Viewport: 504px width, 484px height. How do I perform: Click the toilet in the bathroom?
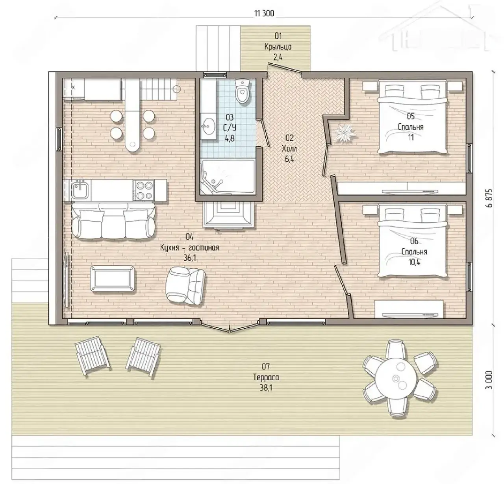click(x=243, y=92)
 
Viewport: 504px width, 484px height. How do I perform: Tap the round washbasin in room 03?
click(x=209, y=126)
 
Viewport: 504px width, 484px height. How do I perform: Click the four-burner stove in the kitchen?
click(x=143, y=190)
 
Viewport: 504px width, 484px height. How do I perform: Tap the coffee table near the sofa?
click(x=112, y=279)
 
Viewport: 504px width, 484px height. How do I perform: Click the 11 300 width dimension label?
click(x=264, y=13)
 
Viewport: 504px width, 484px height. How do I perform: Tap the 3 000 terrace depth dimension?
click(x=489, y=379)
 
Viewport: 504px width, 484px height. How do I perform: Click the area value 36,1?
click(x=189, y=258)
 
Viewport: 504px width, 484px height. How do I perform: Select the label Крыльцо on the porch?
click(x=278, y=47)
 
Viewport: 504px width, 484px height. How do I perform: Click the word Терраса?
click(x=266, y=377)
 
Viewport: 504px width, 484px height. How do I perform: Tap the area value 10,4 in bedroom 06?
click(x=414, y=262)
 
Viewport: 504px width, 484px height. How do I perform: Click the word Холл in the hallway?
click(x=289, y=149)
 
